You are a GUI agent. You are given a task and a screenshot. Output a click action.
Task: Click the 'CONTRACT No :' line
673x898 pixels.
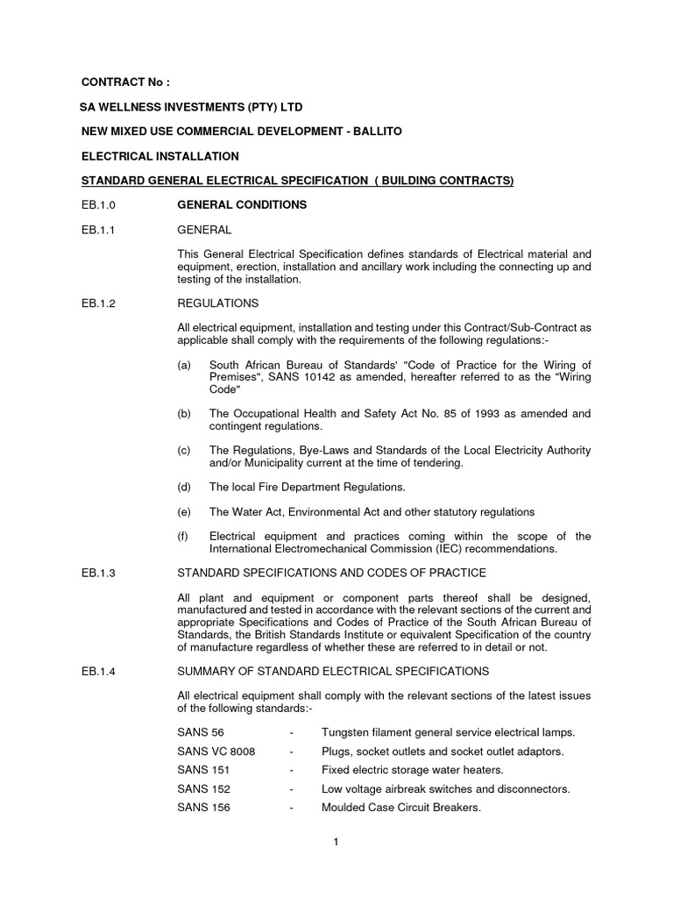[124, 82]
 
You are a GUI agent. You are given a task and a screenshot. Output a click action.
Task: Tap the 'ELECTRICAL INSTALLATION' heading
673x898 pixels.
[159, 156]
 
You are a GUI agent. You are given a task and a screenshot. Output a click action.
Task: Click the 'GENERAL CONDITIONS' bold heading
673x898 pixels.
[242, 204]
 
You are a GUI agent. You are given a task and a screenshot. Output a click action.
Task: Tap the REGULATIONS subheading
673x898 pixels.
[217, 303]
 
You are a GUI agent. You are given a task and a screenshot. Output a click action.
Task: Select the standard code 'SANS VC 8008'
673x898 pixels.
[215, 752]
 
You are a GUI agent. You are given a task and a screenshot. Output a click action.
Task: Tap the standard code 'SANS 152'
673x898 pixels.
[203, 788]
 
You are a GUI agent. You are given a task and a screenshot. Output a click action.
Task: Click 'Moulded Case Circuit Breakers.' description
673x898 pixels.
[400, 808]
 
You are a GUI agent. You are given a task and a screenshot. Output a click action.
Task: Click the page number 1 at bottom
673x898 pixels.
[336, 842]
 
